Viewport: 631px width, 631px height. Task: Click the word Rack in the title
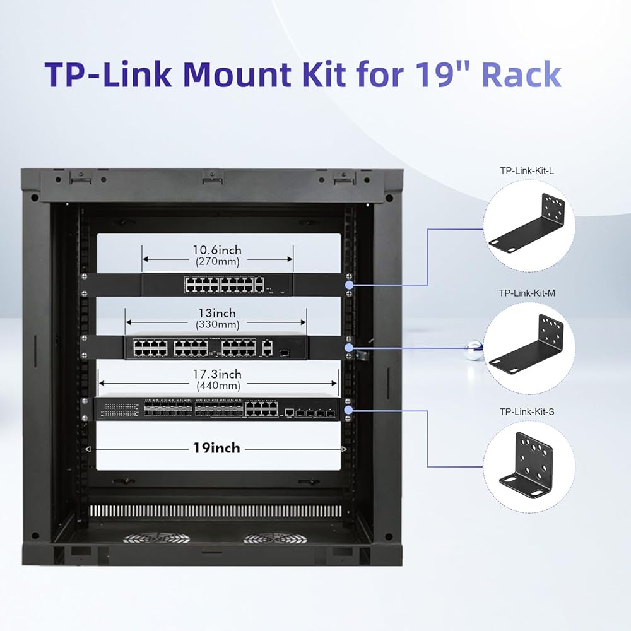(x=521, y=74)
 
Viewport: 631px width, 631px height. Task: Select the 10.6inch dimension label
(x=217, y=250)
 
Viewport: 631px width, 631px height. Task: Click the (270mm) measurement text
(x=217, y=261)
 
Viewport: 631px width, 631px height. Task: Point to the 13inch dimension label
(x=217, y=314)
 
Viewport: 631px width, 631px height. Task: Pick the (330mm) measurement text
(x=217, y=325)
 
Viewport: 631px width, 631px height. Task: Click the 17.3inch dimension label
(x=217, y=374)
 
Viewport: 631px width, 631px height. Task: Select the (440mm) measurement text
(x=217, y=385)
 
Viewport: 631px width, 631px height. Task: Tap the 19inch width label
(x=216, y=448)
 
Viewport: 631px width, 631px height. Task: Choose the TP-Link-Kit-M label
(x=527, y=293)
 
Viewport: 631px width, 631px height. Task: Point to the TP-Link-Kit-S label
(x=527, y=412)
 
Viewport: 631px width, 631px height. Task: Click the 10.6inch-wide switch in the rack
(x=217, y=285)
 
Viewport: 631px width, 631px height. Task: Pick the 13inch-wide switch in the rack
(x=216, y=347)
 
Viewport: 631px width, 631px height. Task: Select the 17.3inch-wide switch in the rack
(x=216, y=409)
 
